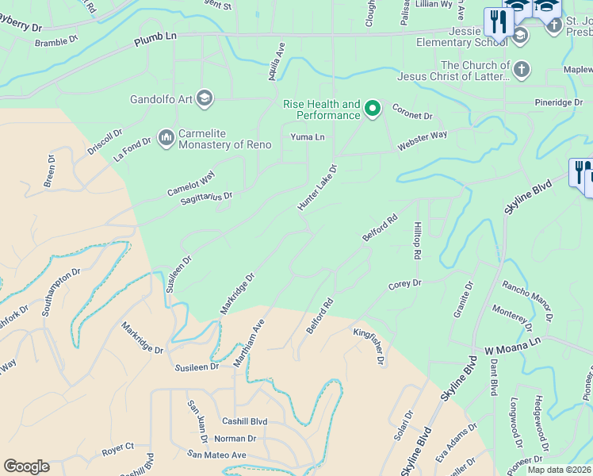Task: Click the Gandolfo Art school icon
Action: (x=204, y=98)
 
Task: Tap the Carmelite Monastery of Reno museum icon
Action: (x=166, y=138)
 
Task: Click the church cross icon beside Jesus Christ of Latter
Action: (x=521, y=70)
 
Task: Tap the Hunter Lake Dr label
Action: (x=318, y=188)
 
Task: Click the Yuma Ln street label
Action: (x=308, y=136)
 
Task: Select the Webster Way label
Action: (x=422, y=141)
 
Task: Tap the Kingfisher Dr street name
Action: (x=369, y=346)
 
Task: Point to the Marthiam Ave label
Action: (x=248, y=343)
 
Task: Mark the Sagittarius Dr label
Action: (x=206, y=197)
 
